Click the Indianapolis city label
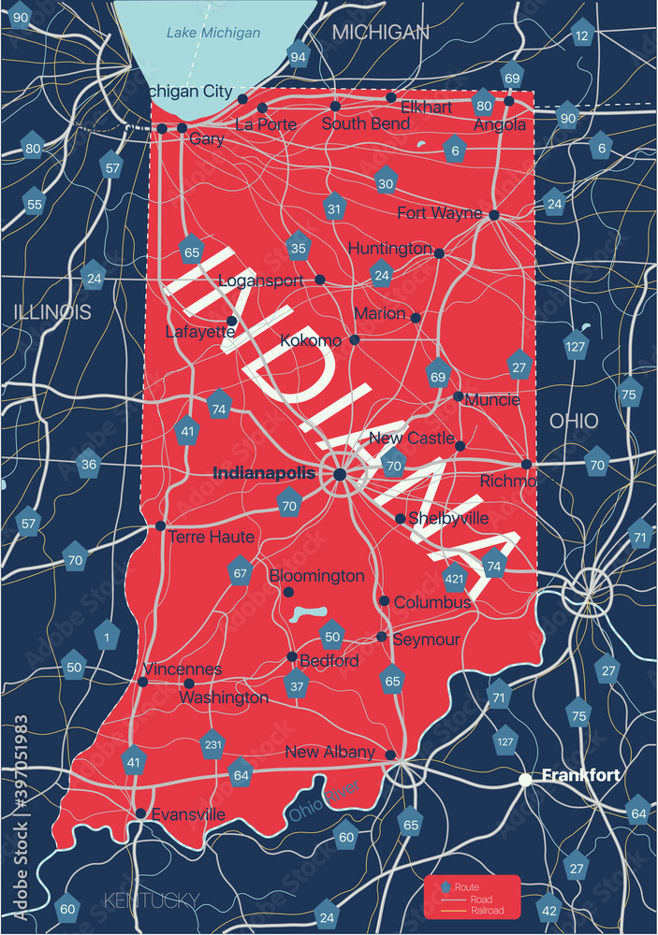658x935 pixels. [x=264, y=474]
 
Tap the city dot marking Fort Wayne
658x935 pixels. [x=493, y=215]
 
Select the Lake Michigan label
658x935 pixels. [x=213, y=33]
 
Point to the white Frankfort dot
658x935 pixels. [x=526, y=778]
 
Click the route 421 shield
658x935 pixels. [x=455, y=578]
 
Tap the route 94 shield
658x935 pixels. [x=299, y=57]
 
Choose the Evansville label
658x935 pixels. [x=187, y=814]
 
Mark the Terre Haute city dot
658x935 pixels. [x=160, y=525]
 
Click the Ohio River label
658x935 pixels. [x=324, y=802]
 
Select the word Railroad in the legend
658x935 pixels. [x=486, y=911]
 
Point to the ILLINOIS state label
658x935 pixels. [x=52, y=311]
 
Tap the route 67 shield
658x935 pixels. [x=241, y=572]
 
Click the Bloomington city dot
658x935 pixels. [x=288, y=593]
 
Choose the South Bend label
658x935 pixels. [x=365, y=123]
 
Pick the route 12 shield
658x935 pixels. [x=582, y=36]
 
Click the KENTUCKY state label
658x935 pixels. [x=152, y=900]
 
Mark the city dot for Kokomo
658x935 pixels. [x=355, y=339]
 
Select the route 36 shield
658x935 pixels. [x=88, y=464]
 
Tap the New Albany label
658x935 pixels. [x=329, y=752]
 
